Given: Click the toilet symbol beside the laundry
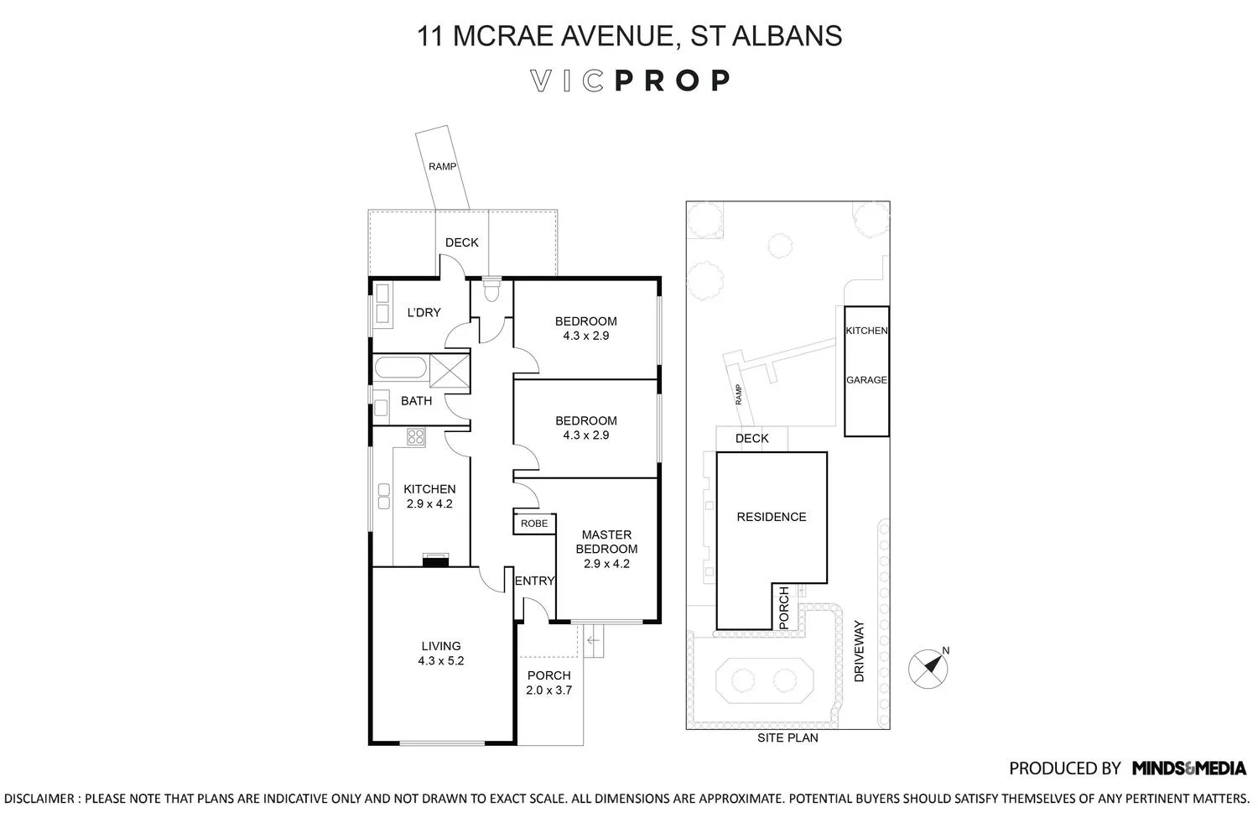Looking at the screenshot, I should [x=491, y=290].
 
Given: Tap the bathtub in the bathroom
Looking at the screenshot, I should [x=401, y=368].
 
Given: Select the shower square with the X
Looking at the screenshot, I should [x=449, y=369].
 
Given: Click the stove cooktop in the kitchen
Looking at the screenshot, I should [x=416, y=436].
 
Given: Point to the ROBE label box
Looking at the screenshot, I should [x=534, y=524].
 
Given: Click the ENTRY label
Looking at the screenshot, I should [x=534, y=581].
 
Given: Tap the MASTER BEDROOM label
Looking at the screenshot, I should [x=606, y=542].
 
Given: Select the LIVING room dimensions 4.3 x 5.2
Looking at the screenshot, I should [x=441, y=660].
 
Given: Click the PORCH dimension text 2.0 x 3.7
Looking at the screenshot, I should [x=549, y=690].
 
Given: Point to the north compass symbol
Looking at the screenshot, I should [x=929, y=668].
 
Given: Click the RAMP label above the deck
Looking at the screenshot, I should [x=442, y=167].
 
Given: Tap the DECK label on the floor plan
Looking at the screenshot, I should [x=461, y=242].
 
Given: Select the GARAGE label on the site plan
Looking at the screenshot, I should [x=866, y=380].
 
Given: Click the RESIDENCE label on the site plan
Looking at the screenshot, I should [x=772, y=517].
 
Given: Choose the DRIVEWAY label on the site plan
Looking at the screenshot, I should [x=858, y=651].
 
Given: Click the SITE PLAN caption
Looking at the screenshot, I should [x=788, y=738].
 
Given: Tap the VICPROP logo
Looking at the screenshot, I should [x=630, y=81].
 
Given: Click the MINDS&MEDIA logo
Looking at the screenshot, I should [x=1188, y=768].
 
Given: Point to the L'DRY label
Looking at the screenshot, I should [x=424, y=313].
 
